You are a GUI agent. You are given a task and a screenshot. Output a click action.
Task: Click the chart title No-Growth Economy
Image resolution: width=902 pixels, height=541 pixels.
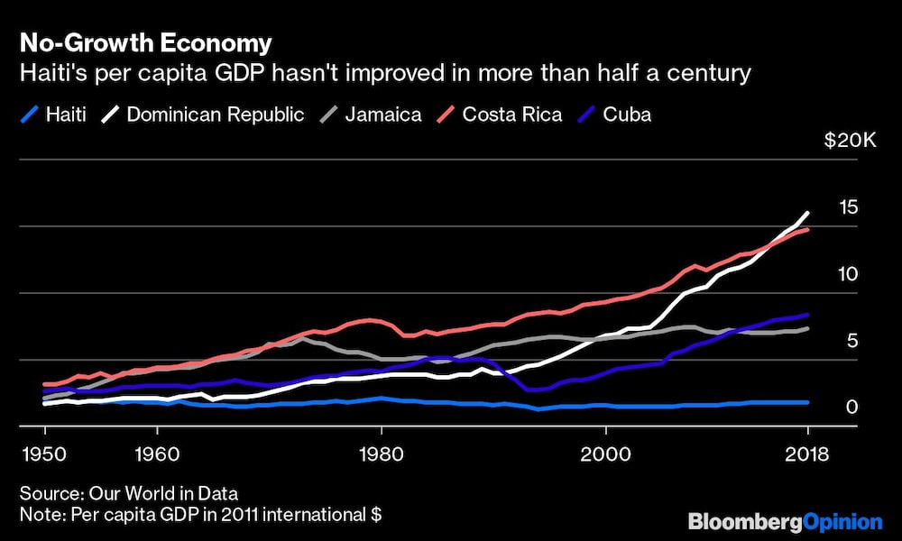click(x=145, y=42)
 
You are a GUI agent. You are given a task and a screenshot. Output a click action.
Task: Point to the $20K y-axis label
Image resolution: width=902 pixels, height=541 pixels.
click(x=845, y=142)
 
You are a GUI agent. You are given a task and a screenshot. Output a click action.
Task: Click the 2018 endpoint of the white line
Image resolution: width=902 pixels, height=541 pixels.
click(x=807, y=213)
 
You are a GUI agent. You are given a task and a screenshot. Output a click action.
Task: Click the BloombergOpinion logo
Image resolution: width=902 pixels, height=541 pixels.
click(x=785, y=521)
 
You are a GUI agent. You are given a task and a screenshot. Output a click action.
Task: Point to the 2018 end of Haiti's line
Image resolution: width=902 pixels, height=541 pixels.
click(x=807, y=402)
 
